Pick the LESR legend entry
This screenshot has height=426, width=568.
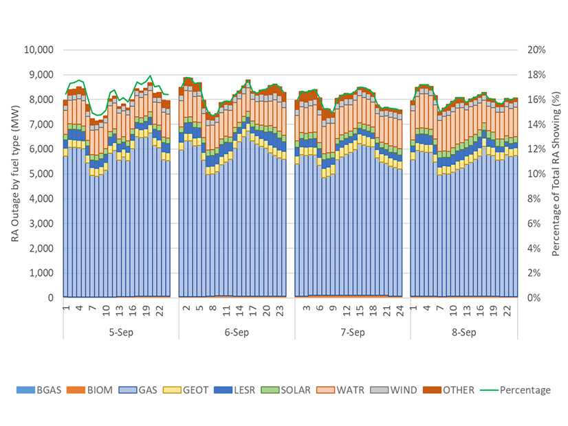coord(243,390)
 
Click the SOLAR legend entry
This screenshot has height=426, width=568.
coord(297,390)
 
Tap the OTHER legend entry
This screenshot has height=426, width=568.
coord(457,390)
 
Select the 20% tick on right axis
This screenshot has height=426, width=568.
coord(536,50)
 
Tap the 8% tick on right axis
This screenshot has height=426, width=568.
coord(534,199)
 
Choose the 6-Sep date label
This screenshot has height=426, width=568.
coord(237,333)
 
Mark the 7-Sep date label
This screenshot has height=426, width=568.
coord(352,333)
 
